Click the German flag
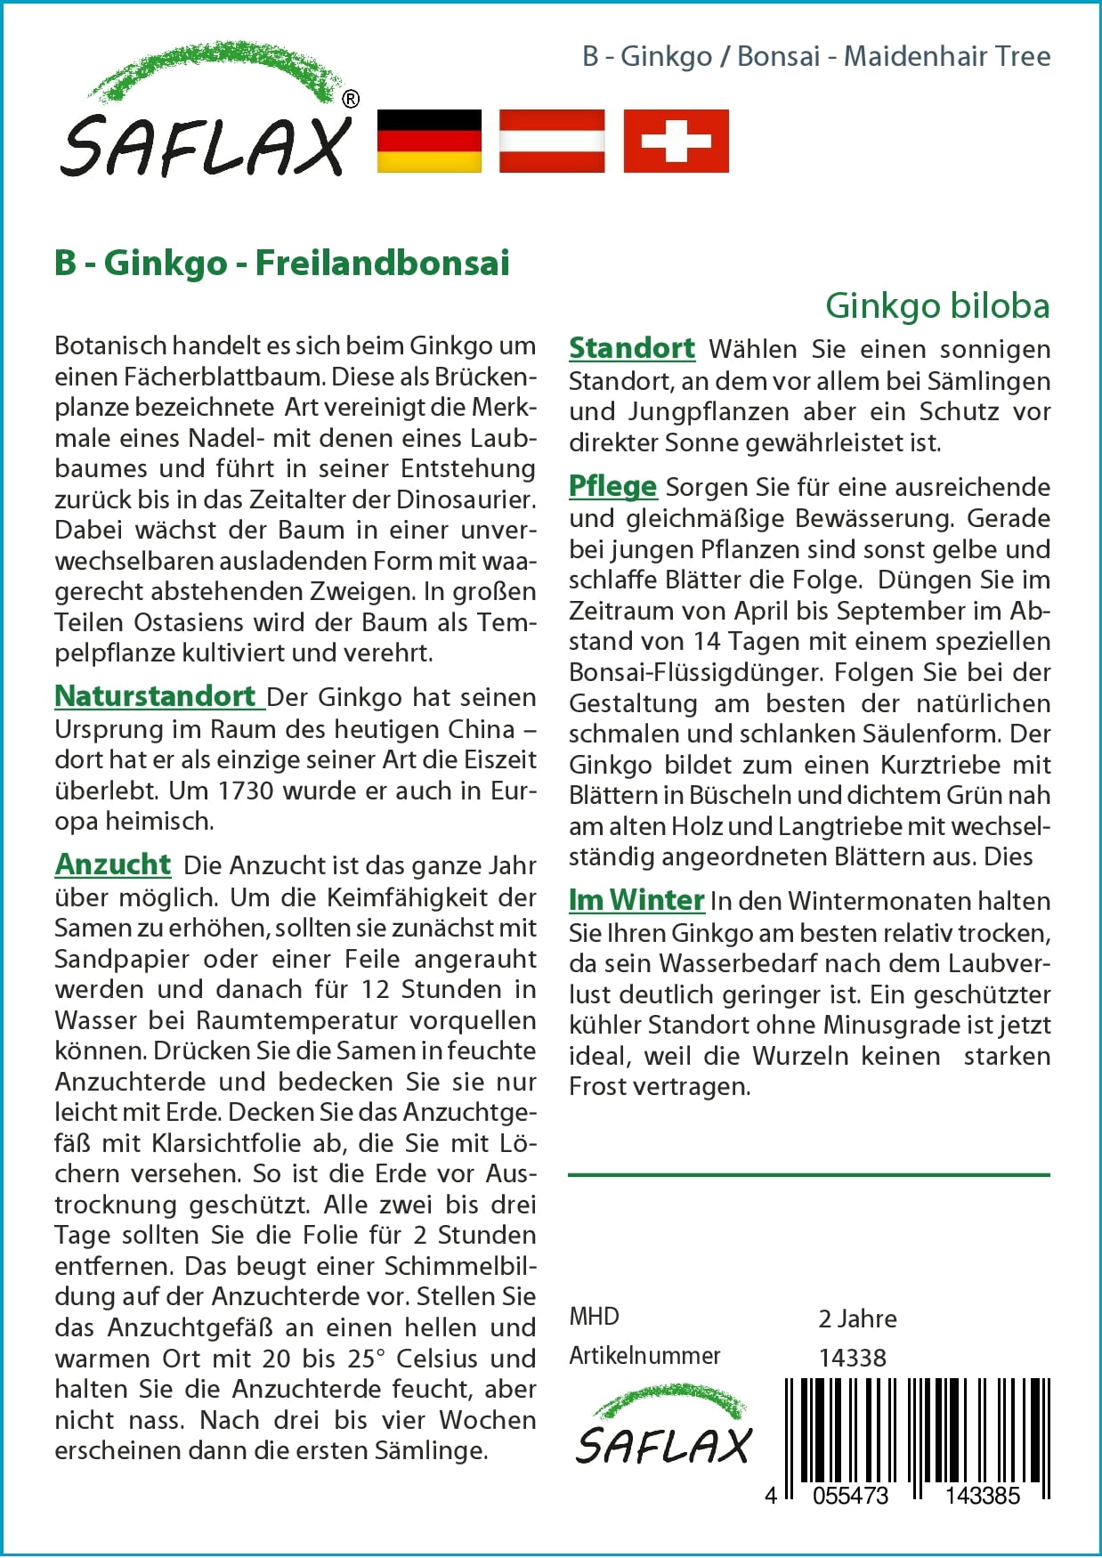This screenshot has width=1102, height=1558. tap(429, 141)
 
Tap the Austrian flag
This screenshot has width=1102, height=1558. tap(552, 141)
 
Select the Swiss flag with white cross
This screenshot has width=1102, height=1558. tap(676, 141)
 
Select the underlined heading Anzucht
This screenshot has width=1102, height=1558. tap(113, 864)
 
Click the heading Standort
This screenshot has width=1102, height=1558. tap(632, 348)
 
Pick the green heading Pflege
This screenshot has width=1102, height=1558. tap(612, 486)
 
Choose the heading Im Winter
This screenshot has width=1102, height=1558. tap(636, 900)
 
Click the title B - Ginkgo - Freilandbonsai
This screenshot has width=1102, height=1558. tap(282, 264)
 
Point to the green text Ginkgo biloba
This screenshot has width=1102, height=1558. tap(937, 305)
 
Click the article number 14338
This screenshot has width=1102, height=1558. tap(852, 1358)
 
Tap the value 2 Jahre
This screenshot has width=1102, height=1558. tap(857, 1319)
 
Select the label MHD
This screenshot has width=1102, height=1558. tap(594, 1317)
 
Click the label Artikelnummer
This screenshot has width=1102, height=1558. tap(644, 1356)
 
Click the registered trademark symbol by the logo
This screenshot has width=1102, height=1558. tap(351, 99)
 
